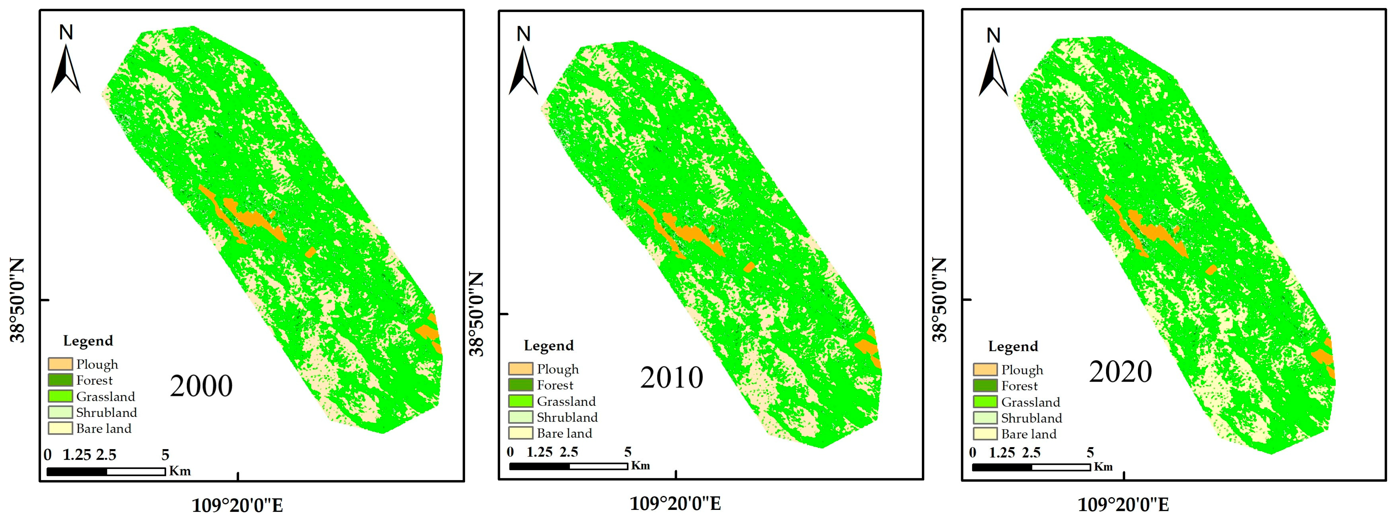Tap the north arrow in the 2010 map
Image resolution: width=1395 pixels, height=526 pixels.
(x=523, y=70)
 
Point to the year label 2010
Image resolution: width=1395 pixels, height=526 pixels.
(x=671, y=378)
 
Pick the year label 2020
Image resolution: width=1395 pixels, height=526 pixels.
(x=1120, y=372)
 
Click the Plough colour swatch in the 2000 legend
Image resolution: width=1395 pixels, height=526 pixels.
(x=60, y=364)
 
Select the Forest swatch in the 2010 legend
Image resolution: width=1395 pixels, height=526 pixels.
(x=520, y=385)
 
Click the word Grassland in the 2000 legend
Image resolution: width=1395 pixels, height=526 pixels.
(x=106, y=396)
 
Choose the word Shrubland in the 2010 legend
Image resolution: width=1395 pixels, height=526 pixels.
(x=567, y=417)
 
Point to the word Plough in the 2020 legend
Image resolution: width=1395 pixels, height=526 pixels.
(x=1022, y=370)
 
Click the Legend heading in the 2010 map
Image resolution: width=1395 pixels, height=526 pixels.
(x=549, y=346)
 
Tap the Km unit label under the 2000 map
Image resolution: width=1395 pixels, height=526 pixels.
(x=180, y=471)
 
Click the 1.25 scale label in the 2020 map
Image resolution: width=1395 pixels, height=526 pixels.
(x=1002, y=453)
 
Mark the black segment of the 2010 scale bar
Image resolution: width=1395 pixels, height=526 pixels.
(x=539, y=466)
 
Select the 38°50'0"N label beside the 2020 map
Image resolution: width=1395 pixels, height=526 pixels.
(x=941, y=299)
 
